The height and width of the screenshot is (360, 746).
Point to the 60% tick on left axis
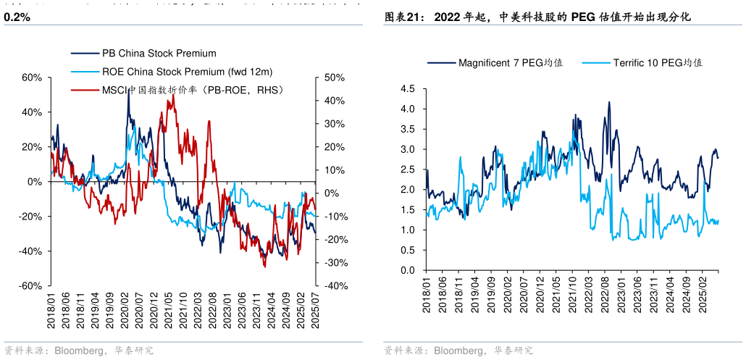point(31,78)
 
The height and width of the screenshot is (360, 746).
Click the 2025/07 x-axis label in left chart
point(314,311)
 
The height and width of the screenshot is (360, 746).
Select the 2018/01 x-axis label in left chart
point(52,311)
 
